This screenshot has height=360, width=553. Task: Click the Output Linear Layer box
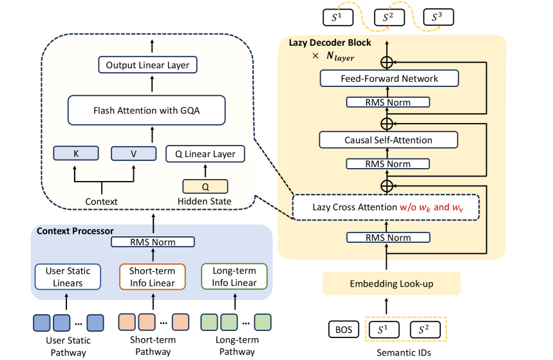148,65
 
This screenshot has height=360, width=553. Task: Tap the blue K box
76,153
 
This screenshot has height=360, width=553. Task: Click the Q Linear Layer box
205,154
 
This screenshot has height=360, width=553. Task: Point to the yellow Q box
205,186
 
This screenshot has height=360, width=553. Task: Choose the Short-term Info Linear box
153,277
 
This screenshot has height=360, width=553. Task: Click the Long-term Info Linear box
234,277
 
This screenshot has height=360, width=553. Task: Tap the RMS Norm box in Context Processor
153,242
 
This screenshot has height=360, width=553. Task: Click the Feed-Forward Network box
389,79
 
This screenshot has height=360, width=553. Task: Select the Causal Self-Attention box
389,140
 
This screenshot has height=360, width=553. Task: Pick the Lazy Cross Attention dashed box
386,207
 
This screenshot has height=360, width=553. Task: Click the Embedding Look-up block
391,283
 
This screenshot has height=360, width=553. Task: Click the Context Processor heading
75,231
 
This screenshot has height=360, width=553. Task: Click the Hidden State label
205,202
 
